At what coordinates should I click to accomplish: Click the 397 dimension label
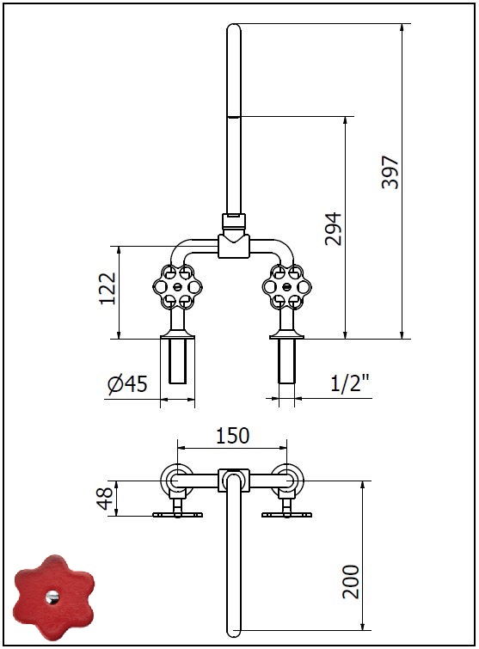click(390, 172)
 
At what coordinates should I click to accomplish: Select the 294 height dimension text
click(334, 229)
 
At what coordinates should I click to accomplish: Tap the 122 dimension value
click(107, 289)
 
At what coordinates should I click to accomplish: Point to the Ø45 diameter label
click(127, 383)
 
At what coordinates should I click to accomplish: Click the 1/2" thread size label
click(350, 383)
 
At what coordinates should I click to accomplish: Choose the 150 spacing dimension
click(233, 436)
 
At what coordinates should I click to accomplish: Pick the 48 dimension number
click(104, 499)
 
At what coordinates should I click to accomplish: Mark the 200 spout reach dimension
click(351, 582)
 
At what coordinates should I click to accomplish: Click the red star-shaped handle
click(52, 597)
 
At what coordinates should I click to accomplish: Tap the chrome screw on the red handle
click(52, 597)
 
